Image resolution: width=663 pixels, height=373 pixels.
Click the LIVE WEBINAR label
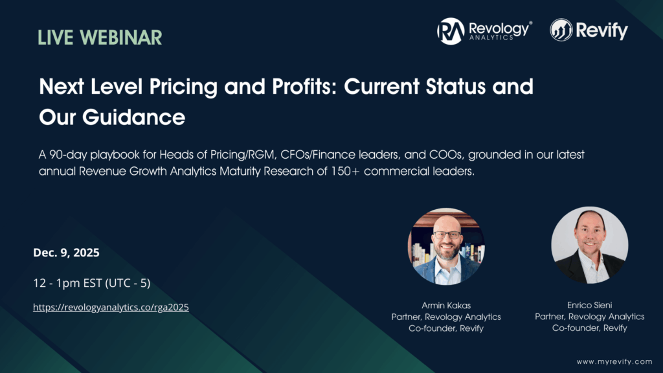point(100,37)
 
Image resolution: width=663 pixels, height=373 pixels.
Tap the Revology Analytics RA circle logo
point(450,30)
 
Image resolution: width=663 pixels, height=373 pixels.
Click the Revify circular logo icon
point(561,30)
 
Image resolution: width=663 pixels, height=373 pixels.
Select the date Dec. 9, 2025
point(66,253)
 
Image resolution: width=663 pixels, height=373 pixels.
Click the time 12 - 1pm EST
point(91,283)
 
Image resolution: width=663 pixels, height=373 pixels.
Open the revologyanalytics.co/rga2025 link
point(111,308)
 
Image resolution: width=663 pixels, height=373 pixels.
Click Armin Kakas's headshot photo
point(446,247)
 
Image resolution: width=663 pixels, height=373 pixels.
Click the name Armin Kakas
point(446,304)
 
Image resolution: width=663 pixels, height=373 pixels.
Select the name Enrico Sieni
point(589,304)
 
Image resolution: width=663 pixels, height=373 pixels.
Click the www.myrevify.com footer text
point(613,361)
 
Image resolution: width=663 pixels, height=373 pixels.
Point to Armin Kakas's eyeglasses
point(447,234)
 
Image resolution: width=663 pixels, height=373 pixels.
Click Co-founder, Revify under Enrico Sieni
point(589,328)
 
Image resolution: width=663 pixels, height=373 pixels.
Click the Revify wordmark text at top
point(603,30)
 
